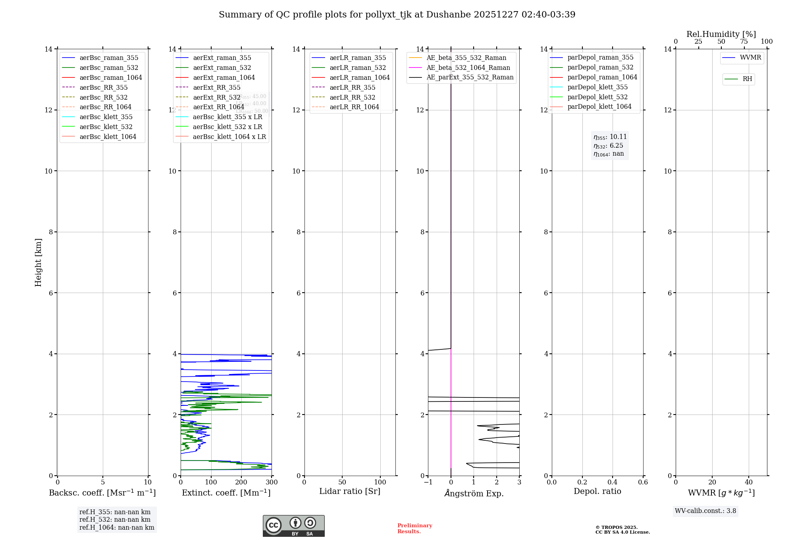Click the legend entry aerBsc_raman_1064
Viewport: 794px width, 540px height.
[x=110, y=77]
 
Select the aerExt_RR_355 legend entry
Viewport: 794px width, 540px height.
[x=216, y=87]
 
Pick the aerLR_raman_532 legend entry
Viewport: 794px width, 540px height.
[x=357, y=67]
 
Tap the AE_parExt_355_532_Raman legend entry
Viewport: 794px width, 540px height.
[x=470, y=77]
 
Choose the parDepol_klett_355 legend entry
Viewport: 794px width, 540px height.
[x=597, y=87]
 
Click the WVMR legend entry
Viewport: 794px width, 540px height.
[x=750, y=58]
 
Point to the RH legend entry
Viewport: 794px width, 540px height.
[x=747, y=79]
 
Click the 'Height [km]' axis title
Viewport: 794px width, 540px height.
[x=38, y=262]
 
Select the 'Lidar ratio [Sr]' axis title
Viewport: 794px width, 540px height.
[x=350, y=491]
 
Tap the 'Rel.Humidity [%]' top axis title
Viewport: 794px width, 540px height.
[x=721, y=34]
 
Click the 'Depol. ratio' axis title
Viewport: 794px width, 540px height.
[x=597, y=491]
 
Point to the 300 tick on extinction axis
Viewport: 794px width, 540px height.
[x=272, y=482]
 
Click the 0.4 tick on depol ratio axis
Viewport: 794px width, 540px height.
[x=613, y=482]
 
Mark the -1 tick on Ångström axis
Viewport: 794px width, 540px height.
[x=428, y=482]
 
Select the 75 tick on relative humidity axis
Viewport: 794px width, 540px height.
[x=744, y=42]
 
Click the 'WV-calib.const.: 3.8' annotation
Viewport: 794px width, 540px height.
[x=705, y=511]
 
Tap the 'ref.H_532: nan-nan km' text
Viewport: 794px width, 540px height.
[x=115, y=520]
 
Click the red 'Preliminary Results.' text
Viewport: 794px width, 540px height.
[x=414, y=528]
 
